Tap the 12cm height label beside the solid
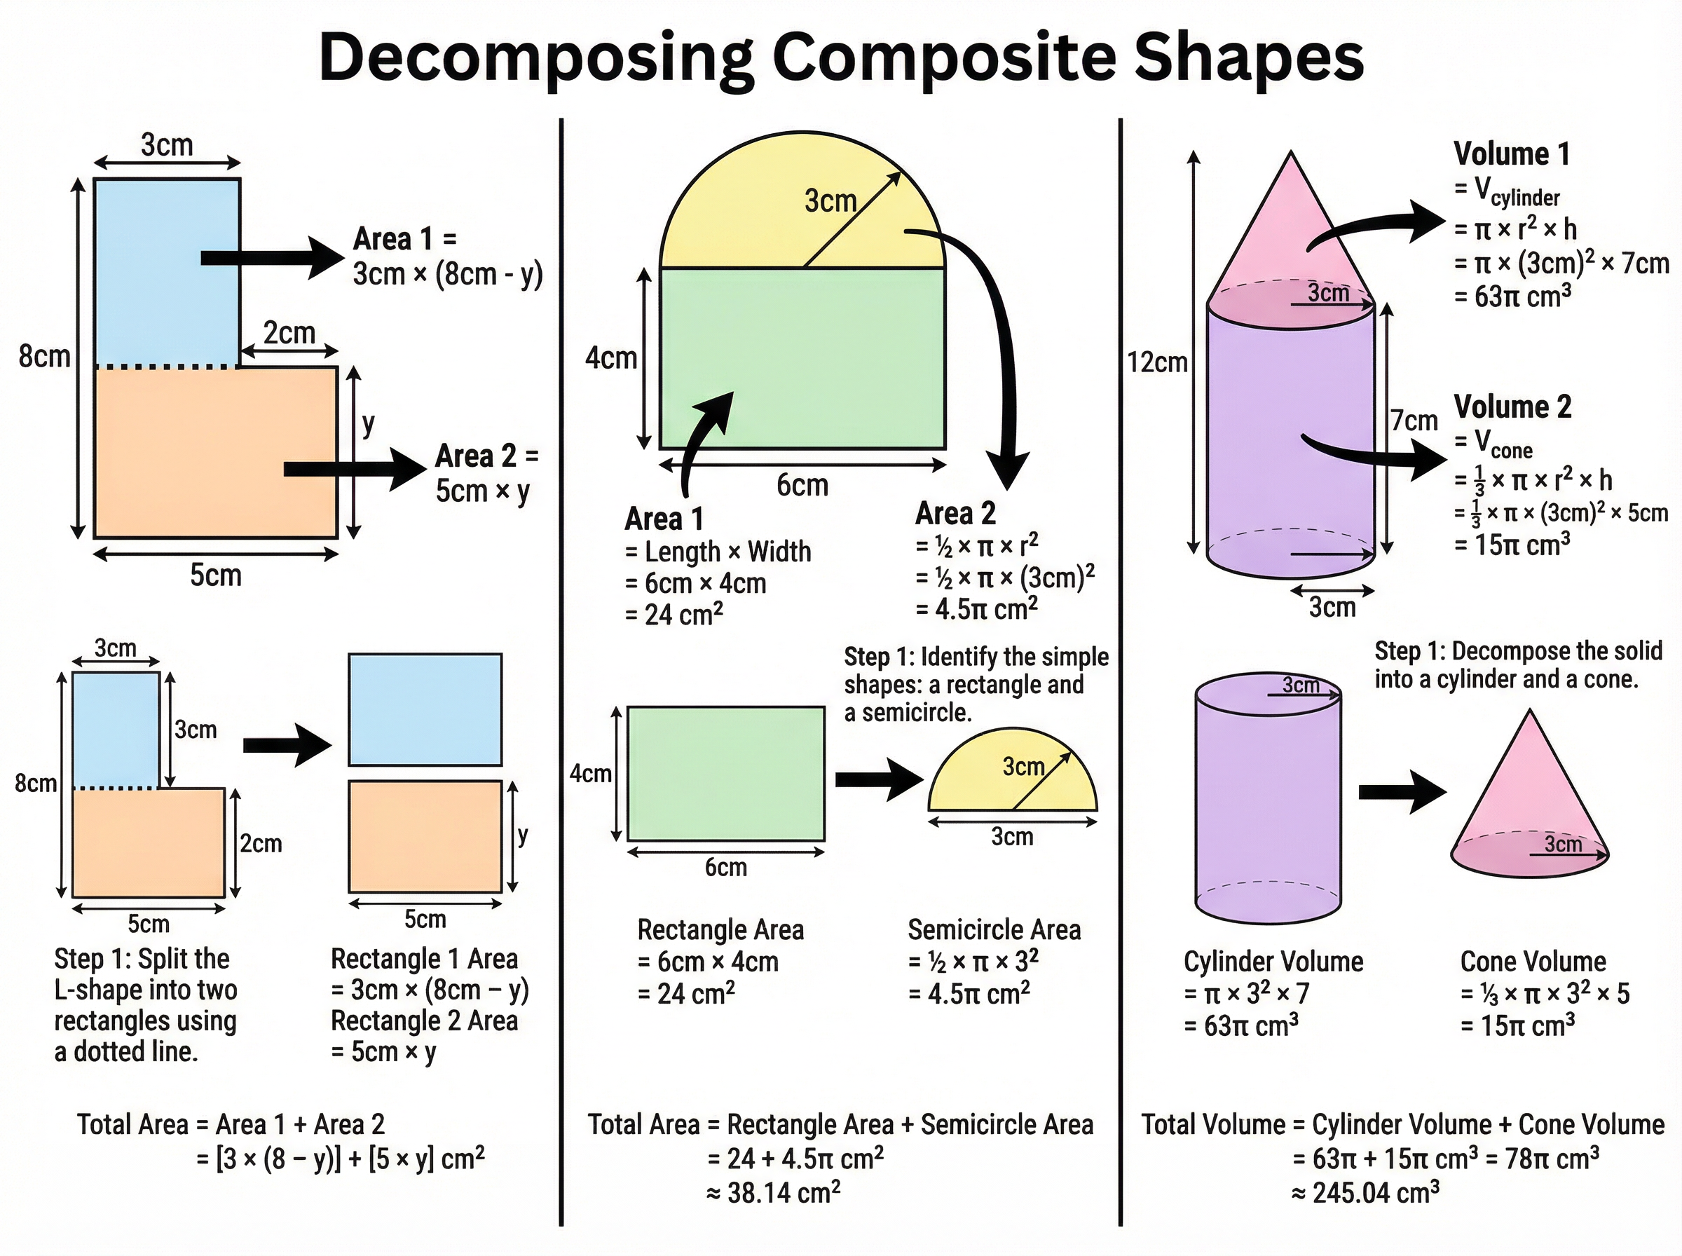[x=1157, y=362]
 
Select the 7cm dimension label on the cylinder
[x=1414, y=421]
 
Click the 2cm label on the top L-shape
[x=289, y=333]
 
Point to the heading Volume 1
[x=1511, y=154]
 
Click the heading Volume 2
[x=1512, y=407]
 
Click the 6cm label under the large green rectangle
[x=802, y=485]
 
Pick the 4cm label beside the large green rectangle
[x=611, y=358]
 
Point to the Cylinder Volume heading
[x=1273, y=962]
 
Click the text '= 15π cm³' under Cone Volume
[x=1517, y=1025]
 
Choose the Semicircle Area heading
[x=994, y=930]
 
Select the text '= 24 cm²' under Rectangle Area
[x=686, y=994]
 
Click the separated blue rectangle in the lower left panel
[x=425, y=709]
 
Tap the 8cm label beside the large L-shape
[x=44, y=357]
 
